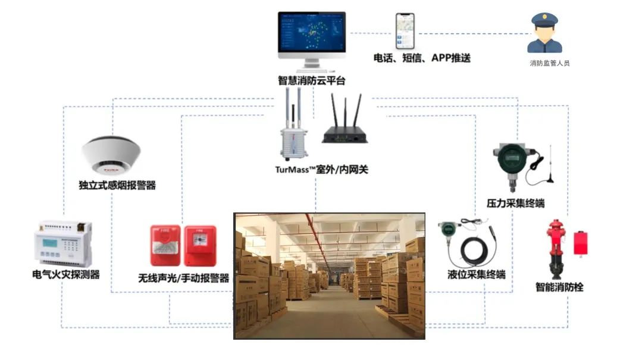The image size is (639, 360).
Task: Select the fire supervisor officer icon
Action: tap(545, 35)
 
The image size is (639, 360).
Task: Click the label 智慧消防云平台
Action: tap(311, 80)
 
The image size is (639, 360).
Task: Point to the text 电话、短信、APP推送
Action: tap(422, 58)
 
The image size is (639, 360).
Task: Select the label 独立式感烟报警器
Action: tap(117, 185)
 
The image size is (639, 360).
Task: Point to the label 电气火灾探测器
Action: tap(65, 275)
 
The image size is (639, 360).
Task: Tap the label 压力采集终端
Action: tap(515, 204)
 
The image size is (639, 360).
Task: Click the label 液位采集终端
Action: tap(477, 275)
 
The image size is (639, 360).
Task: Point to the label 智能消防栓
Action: tap(559, 287)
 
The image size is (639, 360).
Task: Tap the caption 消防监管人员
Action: tap(550, 62)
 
